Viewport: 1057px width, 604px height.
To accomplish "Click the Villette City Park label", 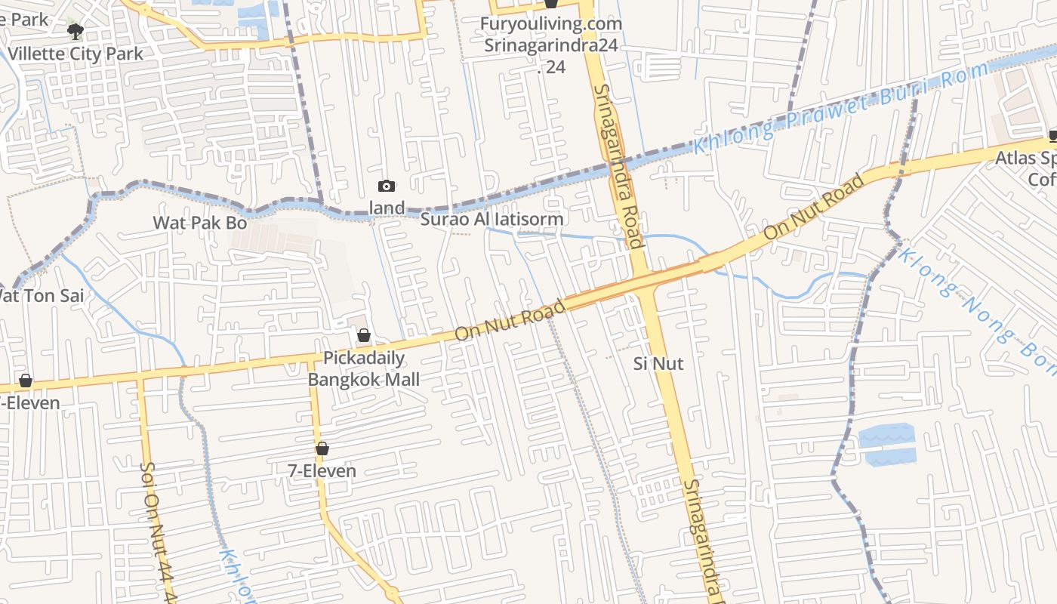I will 75,54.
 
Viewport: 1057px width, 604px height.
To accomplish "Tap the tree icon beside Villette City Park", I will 75,31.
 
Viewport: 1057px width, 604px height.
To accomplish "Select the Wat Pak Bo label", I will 200,222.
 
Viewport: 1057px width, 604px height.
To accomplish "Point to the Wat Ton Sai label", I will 42,295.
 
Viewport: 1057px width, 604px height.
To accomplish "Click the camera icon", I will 387,186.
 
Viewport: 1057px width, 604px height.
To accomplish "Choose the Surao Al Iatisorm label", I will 492,219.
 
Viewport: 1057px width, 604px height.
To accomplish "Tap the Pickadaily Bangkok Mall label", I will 364,368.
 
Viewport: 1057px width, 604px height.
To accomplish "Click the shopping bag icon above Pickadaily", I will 364,335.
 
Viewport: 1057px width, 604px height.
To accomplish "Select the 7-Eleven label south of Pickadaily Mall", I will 322,470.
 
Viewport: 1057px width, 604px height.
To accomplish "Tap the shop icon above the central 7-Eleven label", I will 322,449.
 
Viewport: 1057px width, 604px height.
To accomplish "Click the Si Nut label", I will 658,363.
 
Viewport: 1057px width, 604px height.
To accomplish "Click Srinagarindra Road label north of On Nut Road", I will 618,166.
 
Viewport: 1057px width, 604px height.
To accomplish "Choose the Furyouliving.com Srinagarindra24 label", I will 551,35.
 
